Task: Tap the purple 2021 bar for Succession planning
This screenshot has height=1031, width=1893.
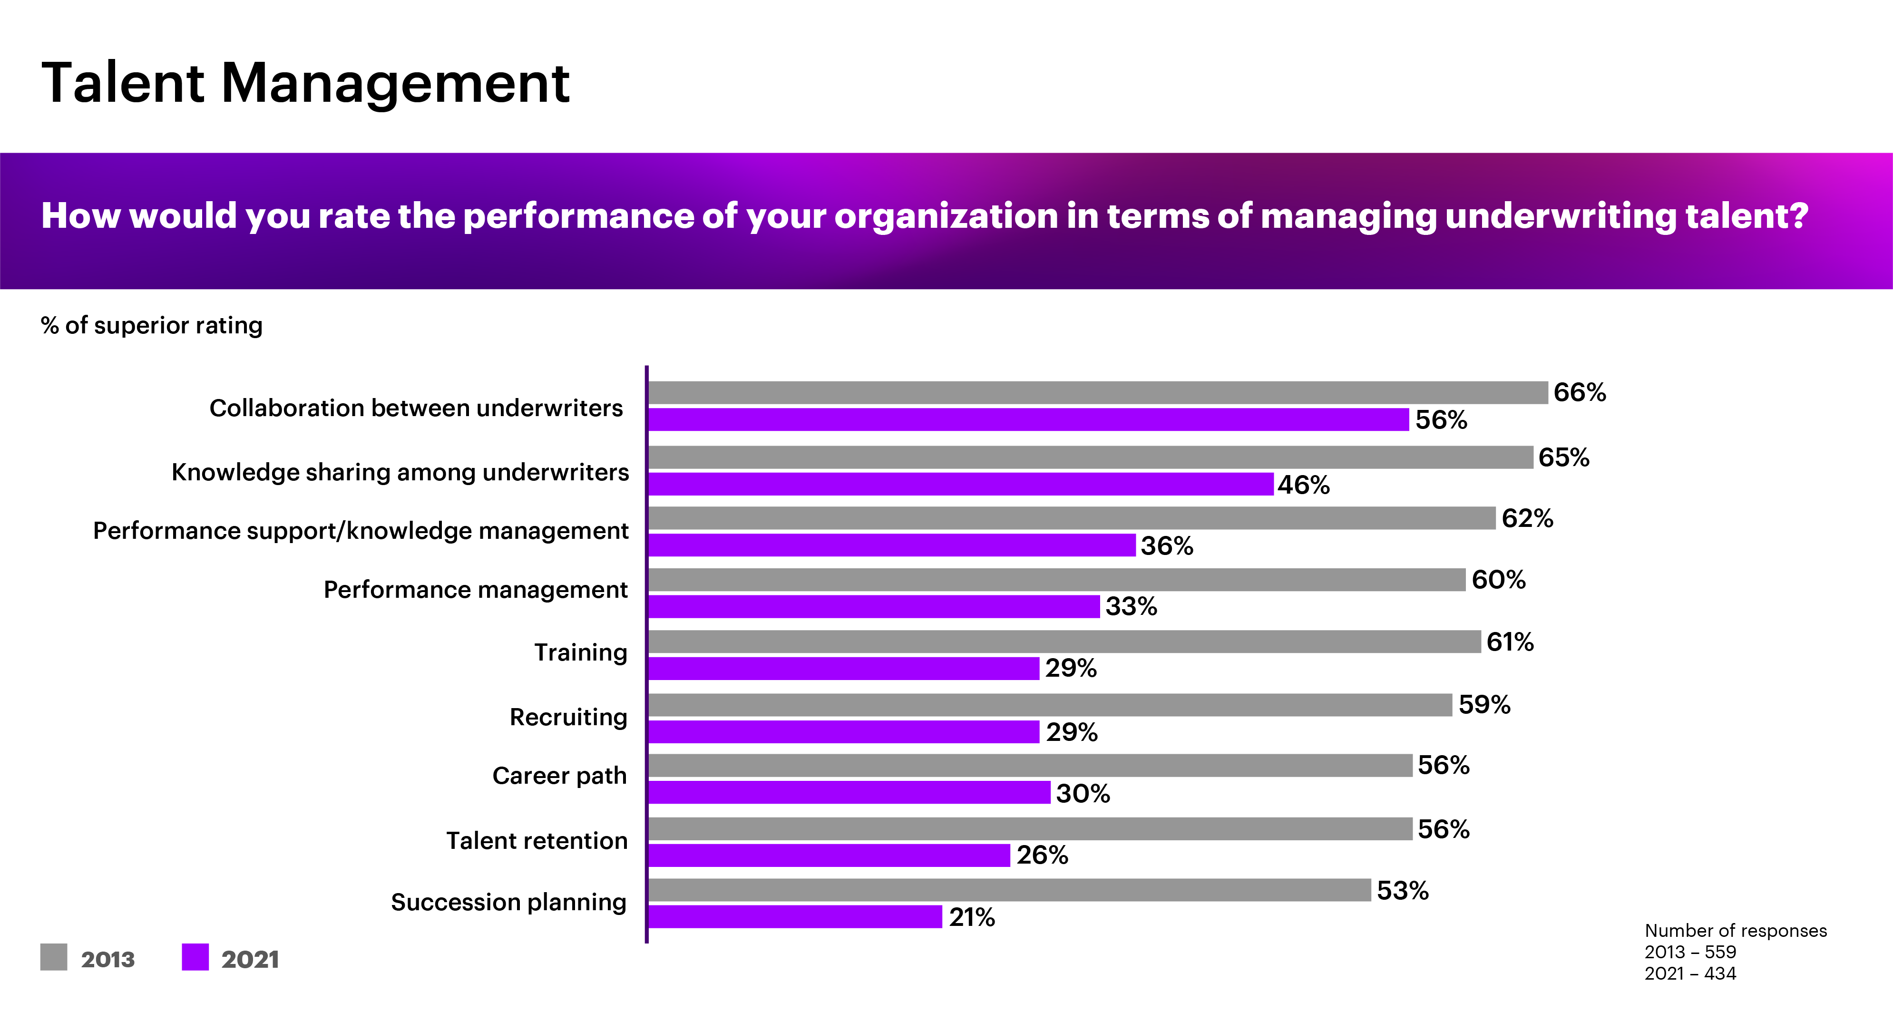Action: (795, 916)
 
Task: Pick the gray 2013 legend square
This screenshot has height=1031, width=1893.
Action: (54, 957)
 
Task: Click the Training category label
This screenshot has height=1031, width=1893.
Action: (581, 652)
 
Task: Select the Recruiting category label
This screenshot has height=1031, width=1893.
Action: (568, 717)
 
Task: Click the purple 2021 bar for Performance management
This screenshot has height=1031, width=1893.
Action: (874, 606)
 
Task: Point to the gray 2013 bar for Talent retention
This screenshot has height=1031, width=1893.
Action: (1030, 829)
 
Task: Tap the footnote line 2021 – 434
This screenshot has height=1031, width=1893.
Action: (1690, 973)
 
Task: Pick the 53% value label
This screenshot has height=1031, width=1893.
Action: (1402, 891)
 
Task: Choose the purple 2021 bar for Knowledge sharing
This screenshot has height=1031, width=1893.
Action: (960, 484)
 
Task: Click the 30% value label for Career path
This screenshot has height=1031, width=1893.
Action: (1083, 794)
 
